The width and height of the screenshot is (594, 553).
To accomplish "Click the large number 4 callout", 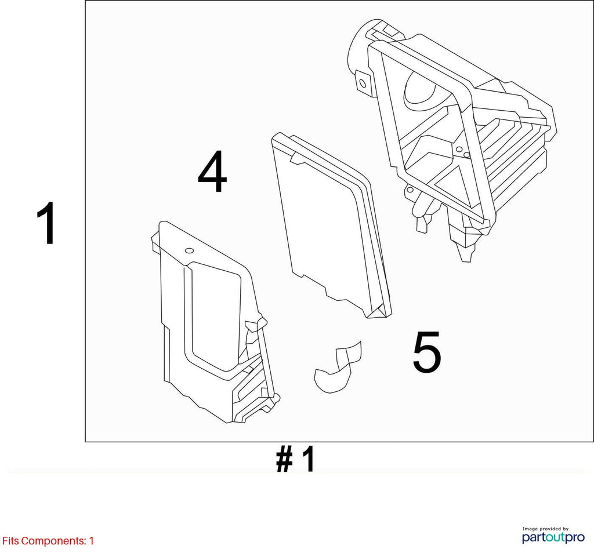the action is (x=212, y=172).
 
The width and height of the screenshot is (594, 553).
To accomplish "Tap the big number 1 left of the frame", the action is (x=46, y=223).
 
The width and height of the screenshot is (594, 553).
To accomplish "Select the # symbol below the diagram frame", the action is (x=284, y=459).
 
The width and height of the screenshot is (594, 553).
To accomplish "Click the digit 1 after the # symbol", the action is (x=308, y=459).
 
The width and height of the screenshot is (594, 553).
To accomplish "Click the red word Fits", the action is (x=10, y=541).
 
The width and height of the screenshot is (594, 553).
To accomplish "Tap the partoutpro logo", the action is (x=553, y=537).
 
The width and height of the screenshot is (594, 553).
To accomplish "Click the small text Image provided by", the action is (x=545, y=529).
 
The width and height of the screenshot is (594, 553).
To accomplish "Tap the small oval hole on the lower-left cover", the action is (x=189, y=250).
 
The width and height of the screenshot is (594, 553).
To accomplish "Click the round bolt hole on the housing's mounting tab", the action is (x=363, y=83).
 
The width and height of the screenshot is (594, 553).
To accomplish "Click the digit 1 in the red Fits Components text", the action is (x=91, y=541).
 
